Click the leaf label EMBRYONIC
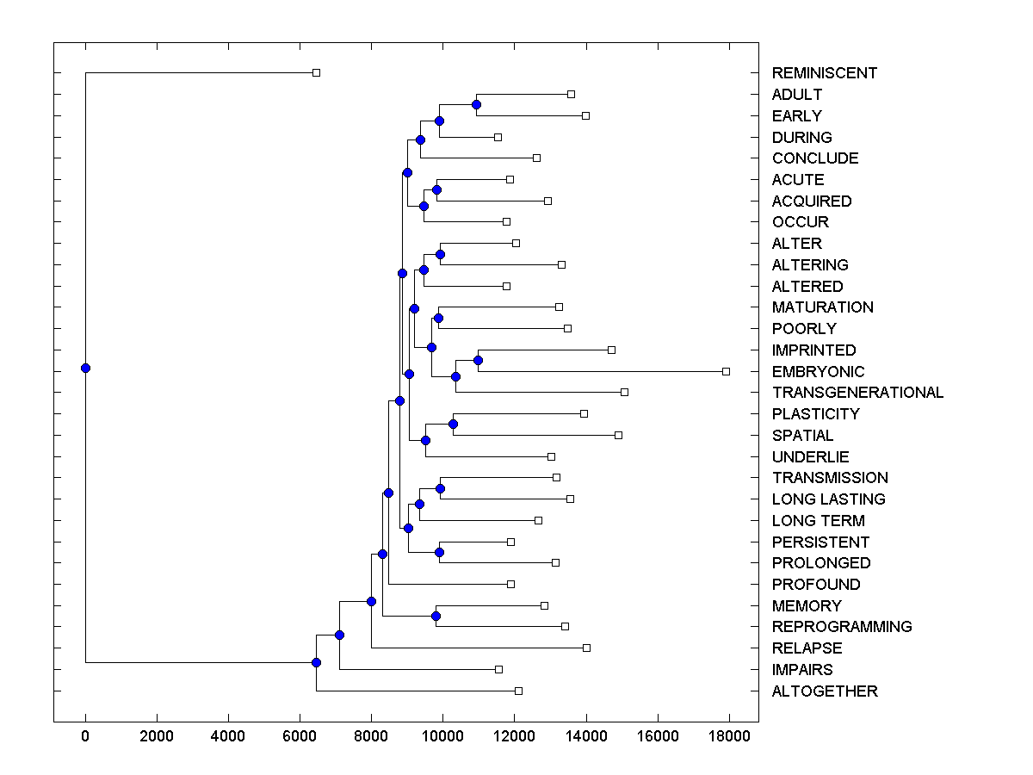coord(818,371)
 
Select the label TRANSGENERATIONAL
coord(857,393)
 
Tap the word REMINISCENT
coord(824,73)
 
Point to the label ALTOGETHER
coord(825,691)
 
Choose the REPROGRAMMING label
coord(841,627)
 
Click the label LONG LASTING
coord(828,499)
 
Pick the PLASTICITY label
coord(815,414)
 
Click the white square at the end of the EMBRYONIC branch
coord(726,371)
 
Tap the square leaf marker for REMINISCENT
coord(316,73)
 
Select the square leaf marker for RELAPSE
coord(586,648)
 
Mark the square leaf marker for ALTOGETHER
coord(518,691)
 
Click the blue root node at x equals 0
coord(85,368)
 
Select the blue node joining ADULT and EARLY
coord(476,105)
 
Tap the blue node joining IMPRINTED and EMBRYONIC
coord(478,360)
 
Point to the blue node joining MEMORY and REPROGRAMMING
coord(436,616)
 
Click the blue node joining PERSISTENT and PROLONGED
coord(439,552)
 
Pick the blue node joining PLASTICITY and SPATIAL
coord(453,424)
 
